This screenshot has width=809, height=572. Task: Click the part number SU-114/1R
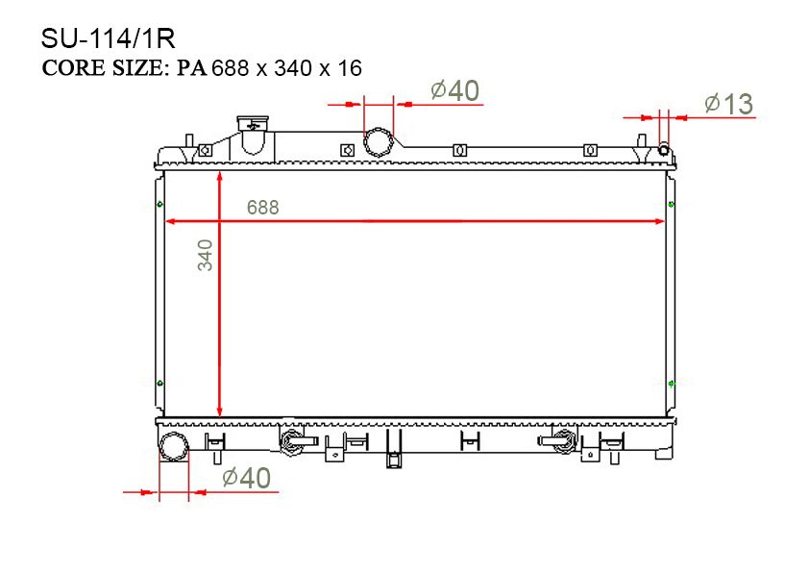(x=108, y=38)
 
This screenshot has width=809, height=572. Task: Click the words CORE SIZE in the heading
(x=105, y=68)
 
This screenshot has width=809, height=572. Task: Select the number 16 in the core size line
(x=350, y=68)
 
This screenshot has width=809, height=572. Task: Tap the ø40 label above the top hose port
(x=455, y=91)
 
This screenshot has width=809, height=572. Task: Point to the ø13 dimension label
(x=728, y=104)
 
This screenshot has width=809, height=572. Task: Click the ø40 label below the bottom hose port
(x=247, y=478)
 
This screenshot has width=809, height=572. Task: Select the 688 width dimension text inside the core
(x=262, y=208)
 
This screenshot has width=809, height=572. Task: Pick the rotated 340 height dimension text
(x=205, y=255)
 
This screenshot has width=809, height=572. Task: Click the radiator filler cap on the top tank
(x=253, y=124)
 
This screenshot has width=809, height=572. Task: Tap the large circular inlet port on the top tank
(x=379, y=142)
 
